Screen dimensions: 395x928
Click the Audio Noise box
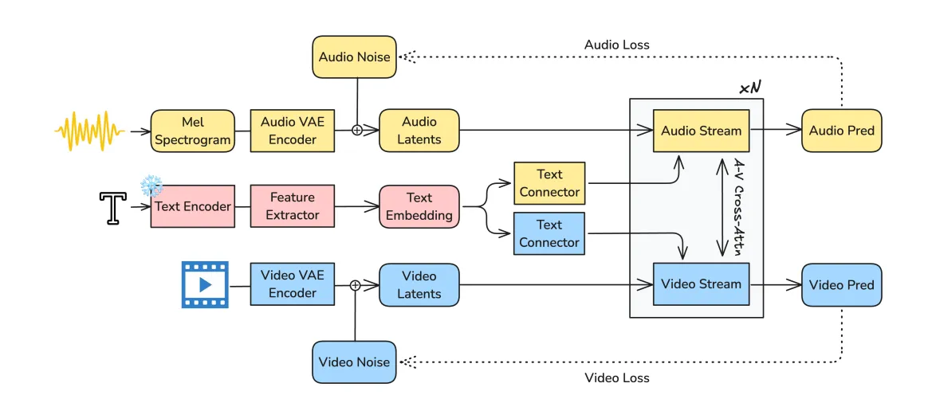click(355, 57)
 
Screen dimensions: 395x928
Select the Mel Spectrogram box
click(191, 131)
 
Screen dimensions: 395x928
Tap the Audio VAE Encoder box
click(293, 131)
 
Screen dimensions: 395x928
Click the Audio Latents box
click(419, 131)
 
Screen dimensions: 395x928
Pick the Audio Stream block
click(701, 131)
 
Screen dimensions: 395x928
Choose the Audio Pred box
click(841, 131)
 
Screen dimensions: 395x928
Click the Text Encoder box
click(191, 206)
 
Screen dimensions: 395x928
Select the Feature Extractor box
click(292, 206)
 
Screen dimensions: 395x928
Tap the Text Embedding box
click(419, 206)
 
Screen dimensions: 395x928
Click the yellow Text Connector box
click(549, 182)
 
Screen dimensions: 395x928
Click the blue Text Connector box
click(549, 233)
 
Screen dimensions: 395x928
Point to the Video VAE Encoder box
click(293, 284)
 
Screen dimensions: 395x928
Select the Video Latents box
click(419, 284)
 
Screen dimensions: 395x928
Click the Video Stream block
click(701, 284)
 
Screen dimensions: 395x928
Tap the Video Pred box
click(841, 284)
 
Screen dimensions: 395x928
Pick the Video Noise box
click(355, 362)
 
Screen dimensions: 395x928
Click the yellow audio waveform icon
click(90, 131)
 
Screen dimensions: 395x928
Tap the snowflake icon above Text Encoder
click(151, 186)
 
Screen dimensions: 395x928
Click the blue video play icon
click(205, 284)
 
